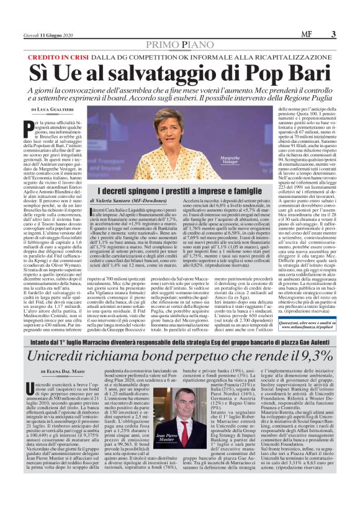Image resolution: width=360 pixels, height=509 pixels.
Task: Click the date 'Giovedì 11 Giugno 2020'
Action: [47, 34]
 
